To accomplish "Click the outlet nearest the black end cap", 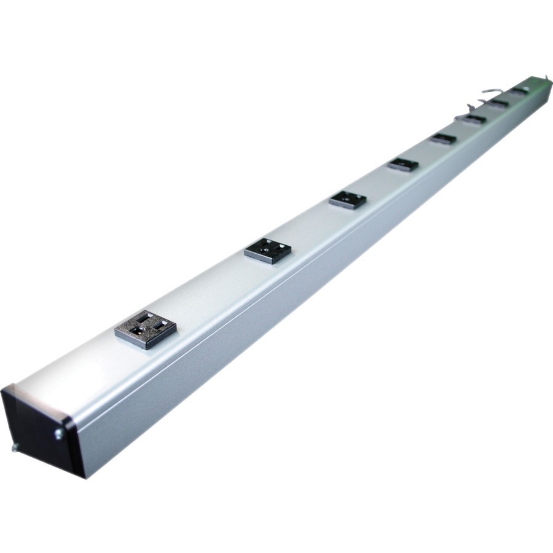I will pyautogui.click(x=146, y=330).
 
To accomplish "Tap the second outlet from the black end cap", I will pyautogui.click(x=268, y=249).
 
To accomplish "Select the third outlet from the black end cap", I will pyautogui.click(x=348, y=200).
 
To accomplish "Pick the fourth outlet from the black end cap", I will pyautogui.click(x=403, y=165).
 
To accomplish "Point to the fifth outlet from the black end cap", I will pyautogui.click(x=443, y=139).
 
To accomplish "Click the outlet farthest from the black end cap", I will pyautogui.click(x=520, y=91).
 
